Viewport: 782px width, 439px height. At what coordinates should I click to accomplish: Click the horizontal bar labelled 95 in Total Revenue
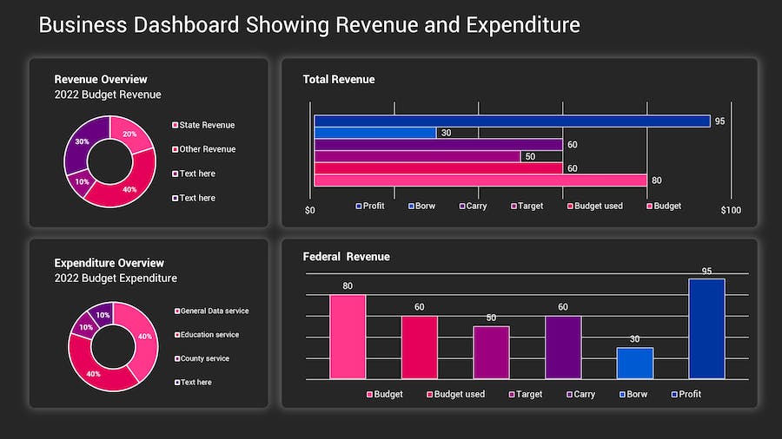pyautogui.click(x=512, y=121)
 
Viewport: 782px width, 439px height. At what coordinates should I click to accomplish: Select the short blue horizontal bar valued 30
pyautogui.click(x=374, y=133)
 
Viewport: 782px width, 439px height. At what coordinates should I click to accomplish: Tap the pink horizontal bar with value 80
pyautogui.click(x=480, y=180)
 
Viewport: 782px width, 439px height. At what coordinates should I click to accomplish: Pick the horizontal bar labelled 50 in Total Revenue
pyautogui.click(x=417, y=157)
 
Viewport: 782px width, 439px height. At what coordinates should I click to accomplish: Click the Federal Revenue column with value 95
pyautogui.click(x=706, y=329)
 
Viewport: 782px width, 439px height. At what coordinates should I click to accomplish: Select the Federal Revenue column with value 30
pyautogui.click(x=634, y=364)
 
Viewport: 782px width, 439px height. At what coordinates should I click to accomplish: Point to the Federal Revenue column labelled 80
pyautogui.click(x=348, y=337)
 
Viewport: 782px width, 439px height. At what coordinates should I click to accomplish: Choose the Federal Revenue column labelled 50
pyautogui.click(x=491, y=352)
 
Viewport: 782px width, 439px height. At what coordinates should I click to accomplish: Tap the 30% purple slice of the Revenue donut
pyautogui.click(x=80, y=147)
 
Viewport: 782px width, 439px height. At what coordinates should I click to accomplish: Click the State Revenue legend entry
pyautogui.click(x=207, y=125)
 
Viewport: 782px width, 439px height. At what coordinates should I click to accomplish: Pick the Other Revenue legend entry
pyautogui.click(x=207, y=149)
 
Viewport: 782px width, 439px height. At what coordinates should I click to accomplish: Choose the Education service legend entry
pyautogui.click(x=209, y=335)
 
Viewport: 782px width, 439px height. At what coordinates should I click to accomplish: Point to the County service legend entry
pyautogui.click(x=204, y=358)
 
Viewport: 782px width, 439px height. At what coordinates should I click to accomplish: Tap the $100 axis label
pyautogui.click(x=731, y=210)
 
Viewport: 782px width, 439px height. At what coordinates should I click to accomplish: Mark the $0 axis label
pyautogui.click(x=310, y=210)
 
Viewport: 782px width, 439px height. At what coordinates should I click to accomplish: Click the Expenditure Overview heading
pyautogui.click(x=109, y=263)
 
